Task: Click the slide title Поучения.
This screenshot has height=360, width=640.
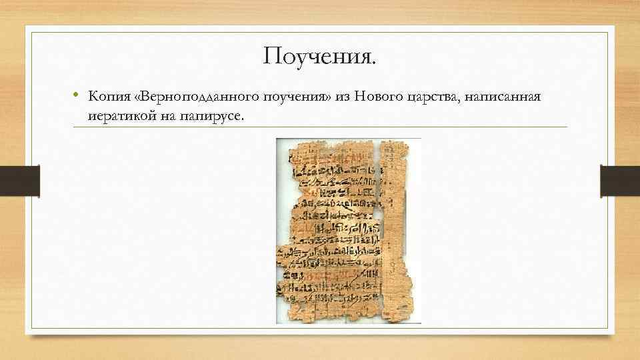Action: point(319,57)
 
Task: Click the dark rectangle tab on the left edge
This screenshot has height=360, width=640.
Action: point(20,181)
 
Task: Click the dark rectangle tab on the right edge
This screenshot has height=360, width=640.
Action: point(619,181)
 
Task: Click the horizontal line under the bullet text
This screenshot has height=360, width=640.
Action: point(320,127)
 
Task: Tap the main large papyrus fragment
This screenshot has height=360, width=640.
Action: point(330,227)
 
